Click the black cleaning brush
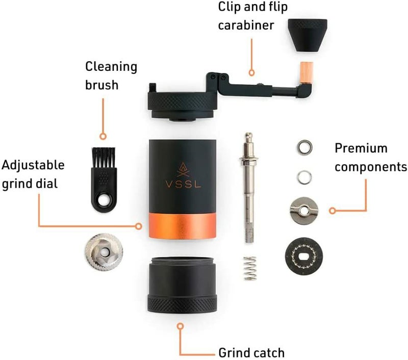click(x=104, y=179)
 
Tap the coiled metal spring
click(x=250, y=268)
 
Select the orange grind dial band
click(x=182, y=226)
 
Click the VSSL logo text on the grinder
click(x=183, y=184)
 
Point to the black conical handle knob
click(x=308, y=35)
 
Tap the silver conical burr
click(x=104, y=252)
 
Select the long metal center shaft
click(x=248, y=187)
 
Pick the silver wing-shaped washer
click(x=304, y=210)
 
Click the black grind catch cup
click(x=182, y=285)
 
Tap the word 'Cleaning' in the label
click(x=111, y=67)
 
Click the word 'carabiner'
click(x=246, y=25)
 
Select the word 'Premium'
click(x=361, y=148)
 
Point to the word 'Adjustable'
click(x=33, y=165)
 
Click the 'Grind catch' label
click(x=251, y=353)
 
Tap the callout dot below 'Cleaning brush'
click(x=103, y=136)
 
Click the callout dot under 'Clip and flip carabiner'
click(x=251, y=73)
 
